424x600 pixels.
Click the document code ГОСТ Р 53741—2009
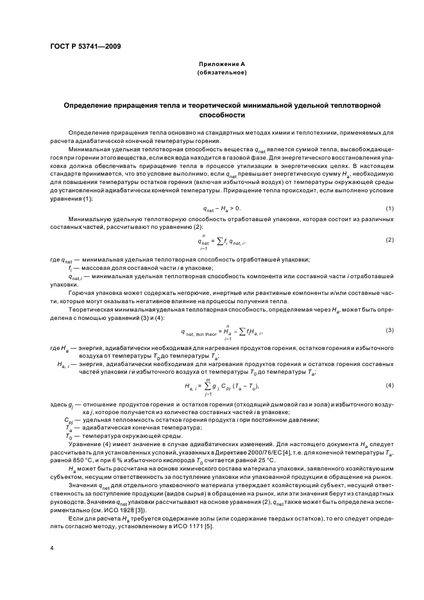(x=85, y=46)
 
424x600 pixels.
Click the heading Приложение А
(x=222, y=65)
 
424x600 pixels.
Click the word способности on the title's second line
(x=222, y=115)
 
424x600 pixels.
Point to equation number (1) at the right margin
(x=389, y=209)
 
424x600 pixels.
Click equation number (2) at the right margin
(x=389, y=240)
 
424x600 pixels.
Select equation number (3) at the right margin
(x=389, y=329)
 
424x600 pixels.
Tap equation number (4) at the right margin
(x=389, y=385)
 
